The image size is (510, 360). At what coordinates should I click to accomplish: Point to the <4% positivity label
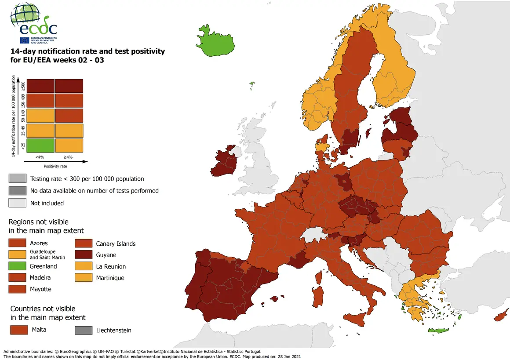tap(40, 156)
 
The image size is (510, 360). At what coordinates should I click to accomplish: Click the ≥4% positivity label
tap(69, 156)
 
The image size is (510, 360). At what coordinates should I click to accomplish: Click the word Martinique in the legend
tap(110, 278)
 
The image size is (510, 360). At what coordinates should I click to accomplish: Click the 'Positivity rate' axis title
tap(55, 166)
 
